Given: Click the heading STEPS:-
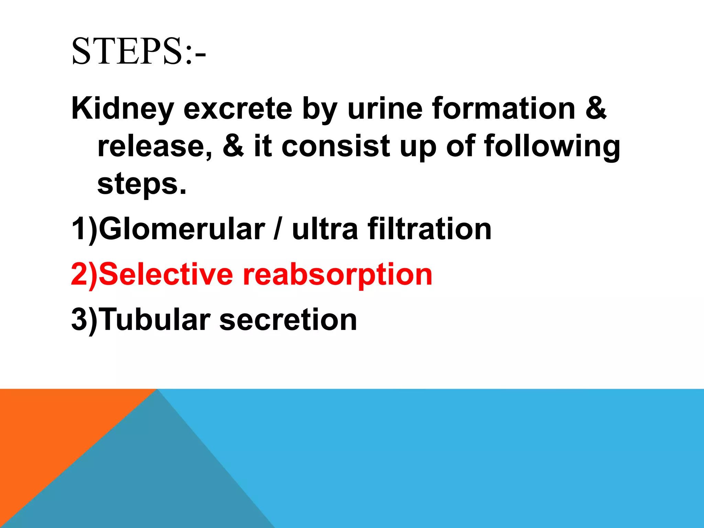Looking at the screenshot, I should click(139, 52).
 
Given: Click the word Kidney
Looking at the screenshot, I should click(122, 109).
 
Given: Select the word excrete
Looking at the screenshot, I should click(238, 109).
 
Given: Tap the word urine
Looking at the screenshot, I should click(385, 109).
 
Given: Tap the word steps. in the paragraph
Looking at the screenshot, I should click(142, 184).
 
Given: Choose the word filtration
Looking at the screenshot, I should click(429, 229).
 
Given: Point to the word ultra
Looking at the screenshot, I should click(325, 229).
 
